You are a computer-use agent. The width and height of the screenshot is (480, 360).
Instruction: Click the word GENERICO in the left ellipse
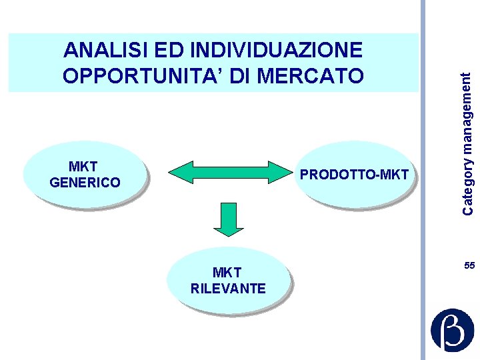[x=85, y=183]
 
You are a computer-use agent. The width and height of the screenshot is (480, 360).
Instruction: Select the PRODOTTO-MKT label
[x=354, y=175]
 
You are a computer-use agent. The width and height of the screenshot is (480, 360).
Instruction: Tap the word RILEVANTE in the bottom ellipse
[x=228, y=289]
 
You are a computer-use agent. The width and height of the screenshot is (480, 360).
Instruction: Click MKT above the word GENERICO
[x=83, y=167]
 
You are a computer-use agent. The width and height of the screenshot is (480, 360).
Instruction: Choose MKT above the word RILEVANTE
[x=227, y=273]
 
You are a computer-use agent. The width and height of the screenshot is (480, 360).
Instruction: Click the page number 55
[x=469, y=266]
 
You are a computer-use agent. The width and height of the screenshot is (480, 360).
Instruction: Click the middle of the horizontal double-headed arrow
[x=228, y=172]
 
